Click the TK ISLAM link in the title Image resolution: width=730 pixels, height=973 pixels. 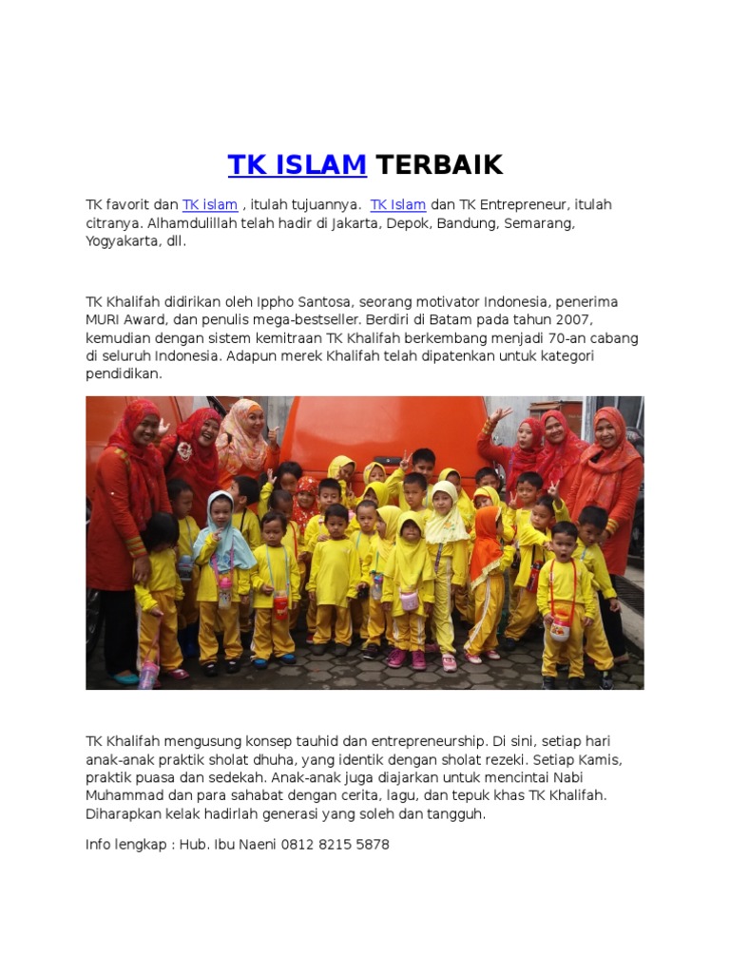tap(297, 165)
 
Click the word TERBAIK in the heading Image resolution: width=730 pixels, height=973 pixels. tap(438, 165)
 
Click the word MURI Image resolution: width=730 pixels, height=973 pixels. tap(103, 320)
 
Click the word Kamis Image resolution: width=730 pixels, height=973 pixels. tap(602, 760)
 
